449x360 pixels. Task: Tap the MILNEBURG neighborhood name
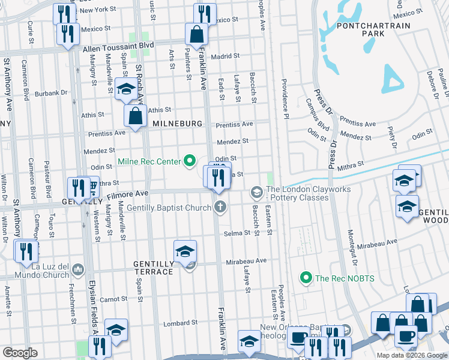pyautogui.click(x=175, y=123)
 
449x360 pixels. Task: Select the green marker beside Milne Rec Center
pyautogui.click(x=190, y=161)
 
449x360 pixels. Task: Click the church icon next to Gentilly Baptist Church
pyautogui.click(x=220, y=207)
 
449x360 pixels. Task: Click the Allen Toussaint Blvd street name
pyautogui.click(x=118, y=46)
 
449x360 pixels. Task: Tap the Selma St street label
pyautogui.click(x=237, y=233)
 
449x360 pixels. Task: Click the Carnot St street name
pyautogui.click(x=114, y=299)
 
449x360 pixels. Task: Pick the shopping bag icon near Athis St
pyautogui.click(x=136, y=116)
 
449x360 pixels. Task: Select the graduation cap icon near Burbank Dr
pyautogui.click(x=126, y=89)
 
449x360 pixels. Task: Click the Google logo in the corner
pyautogui.click(x=20, y=353)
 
